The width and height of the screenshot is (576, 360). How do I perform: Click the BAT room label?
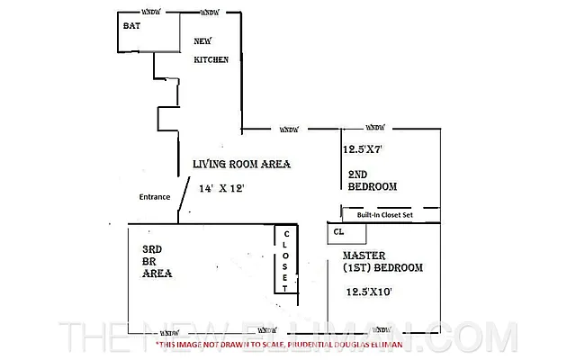tap(132, 25)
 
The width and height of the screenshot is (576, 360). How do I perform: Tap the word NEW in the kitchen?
tap(204, 40)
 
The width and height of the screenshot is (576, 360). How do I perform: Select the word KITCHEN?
tap(211, 59)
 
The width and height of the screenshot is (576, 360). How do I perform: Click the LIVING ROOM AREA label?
tap(240, 164)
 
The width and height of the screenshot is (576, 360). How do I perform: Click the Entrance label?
tap(155, 196)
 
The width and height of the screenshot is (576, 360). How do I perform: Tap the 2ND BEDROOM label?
tap(372, 180)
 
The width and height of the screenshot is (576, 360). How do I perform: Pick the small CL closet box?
tap(346, 232)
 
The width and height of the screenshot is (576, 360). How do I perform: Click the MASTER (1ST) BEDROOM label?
tap(382, 262)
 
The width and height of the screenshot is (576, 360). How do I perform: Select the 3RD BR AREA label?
tap(157, 261)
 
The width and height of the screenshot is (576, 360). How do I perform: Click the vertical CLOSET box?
tap(285, 259)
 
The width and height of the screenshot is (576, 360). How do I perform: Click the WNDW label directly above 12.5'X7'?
tap(376, 129)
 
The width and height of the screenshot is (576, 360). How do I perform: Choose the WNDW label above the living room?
tap(290, 129)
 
